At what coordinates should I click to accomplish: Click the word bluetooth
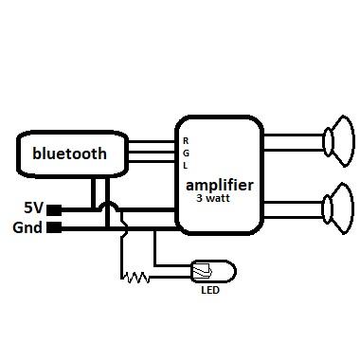point(70,153)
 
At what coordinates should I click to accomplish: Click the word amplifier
point(219,184)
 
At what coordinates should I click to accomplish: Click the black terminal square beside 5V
point(55,208)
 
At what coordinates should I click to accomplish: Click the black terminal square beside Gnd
point(55,227)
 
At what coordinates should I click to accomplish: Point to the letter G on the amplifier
point(186,153)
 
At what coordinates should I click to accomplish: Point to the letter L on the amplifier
point(186,165)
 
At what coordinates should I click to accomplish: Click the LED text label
point(209,291)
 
